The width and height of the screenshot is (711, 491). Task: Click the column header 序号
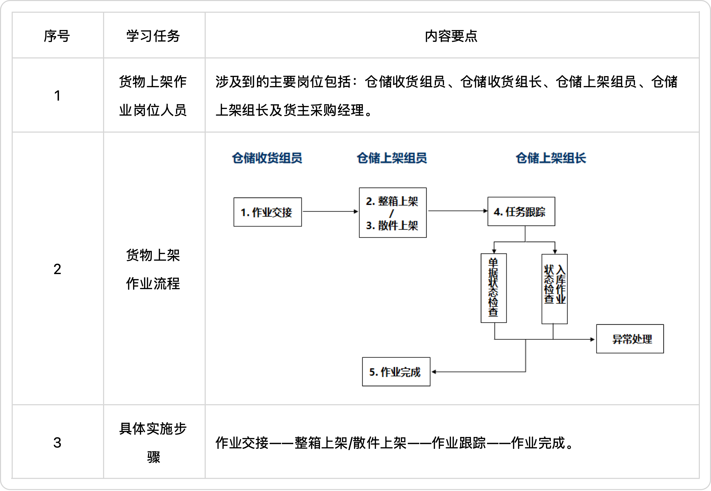point(57,36)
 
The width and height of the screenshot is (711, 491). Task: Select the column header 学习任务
point(153,36)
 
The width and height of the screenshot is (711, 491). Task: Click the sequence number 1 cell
point(57,95)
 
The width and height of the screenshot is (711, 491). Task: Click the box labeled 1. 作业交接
point(268,212)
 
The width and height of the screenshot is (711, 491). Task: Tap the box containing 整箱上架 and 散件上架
point(393,213)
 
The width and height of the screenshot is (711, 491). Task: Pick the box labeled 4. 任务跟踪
point(521,211)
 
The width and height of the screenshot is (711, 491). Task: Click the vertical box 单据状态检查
point(494,288)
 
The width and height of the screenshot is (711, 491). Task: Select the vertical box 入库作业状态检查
point(555,289)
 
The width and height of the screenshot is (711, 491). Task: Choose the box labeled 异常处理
point(630,339)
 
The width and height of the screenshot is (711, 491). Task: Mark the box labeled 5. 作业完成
point(396,372)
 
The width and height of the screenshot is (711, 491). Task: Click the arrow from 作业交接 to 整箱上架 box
point(330,211)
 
